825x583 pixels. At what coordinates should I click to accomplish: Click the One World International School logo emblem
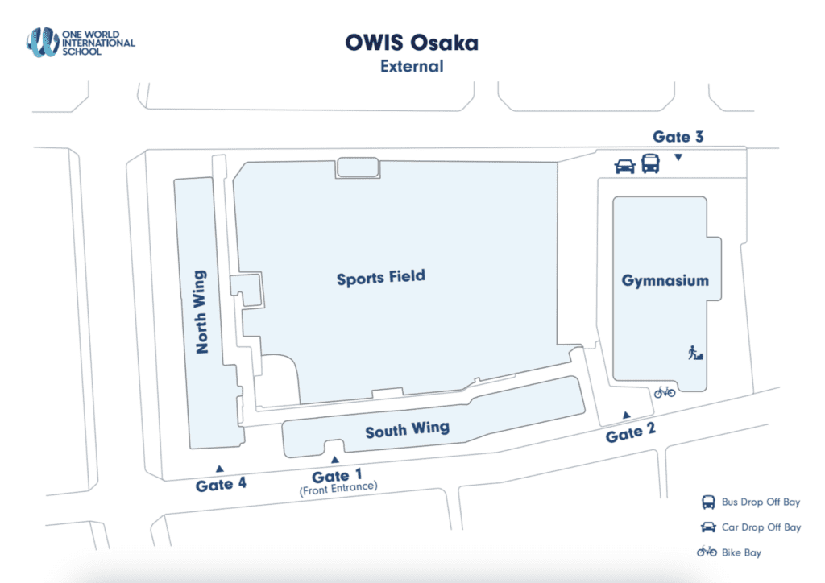coord(42,42)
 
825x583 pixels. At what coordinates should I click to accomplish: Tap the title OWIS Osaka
coord(412,43)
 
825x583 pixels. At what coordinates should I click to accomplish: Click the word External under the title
coord(412,66)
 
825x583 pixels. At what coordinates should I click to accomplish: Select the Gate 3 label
coord(678,137)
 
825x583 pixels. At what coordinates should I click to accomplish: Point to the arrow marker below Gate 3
coord(678,157)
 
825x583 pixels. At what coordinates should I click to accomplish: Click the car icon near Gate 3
coord(624,167)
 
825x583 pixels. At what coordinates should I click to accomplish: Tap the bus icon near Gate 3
coord(650,164)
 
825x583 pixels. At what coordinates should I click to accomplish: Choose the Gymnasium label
coord(665,281)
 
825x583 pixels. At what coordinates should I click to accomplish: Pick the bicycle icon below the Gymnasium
coord(665,392)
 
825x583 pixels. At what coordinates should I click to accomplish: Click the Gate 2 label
coord(631,434)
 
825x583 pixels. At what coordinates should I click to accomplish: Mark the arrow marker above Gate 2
coord(626,416)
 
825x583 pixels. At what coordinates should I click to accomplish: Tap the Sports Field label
coord(381,279)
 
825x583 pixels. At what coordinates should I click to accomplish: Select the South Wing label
coord(407,430)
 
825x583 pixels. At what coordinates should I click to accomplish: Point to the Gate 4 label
coord(221,485)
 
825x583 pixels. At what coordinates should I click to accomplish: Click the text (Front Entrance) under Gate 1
coord(338,488)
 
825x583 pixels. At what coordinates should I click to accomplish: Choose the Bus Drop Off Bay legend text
coord(761,502)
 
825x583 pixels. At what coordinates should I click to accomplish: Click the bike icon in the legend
coord(707,552)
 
